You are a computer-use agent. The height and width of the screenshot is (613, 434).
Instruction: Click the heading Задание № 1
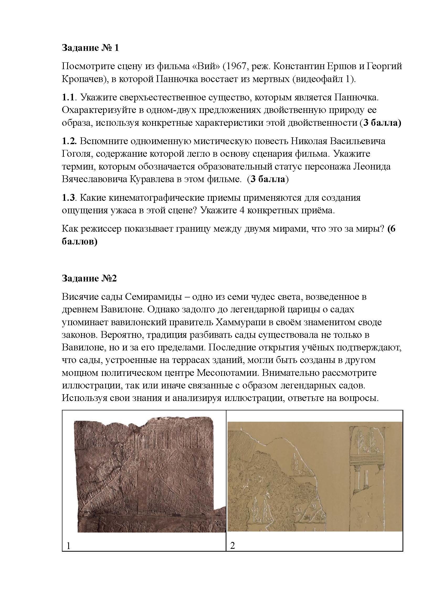tap(90, 48)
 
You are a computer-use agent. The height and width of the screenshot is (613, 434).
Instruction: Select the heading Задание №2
tap(89, 279)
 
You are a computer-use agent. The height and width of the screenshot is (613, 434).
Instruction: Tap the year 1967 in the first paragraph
tap(235, 66)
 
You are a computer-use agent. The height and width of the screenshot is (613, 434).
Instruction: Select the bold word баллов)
tap(79, 242)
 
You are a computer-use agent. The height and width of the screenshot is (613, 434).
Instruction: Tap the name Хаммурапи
tap(239, 322)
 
